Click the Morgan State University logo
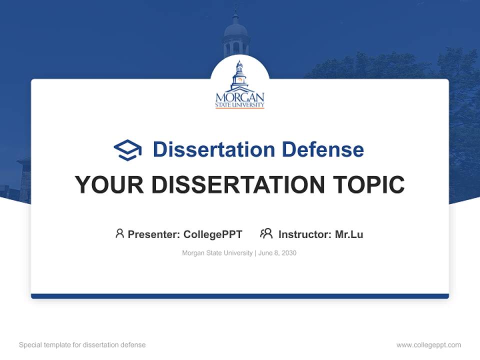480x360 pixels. click(239, 85)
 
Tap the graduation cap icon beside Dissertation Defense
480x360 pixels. click(127, 150)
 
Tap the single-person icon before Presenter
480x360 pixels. click(119, 233)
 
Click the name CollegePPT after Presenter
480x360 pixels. click(213, 234)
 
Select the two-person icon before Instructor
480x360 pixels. click(266, 233)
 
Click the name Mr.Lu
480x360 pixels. click(349, 234)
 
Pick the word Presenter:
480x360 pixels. click(154, 234)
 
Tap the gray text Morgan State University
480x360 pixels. click(217, 253)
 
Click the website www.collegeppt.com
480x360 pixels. click(428, 345)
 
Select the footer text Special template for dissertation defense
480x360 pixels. click(82, 345)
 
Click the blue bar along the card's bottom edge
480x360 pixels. click(239, 296)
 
